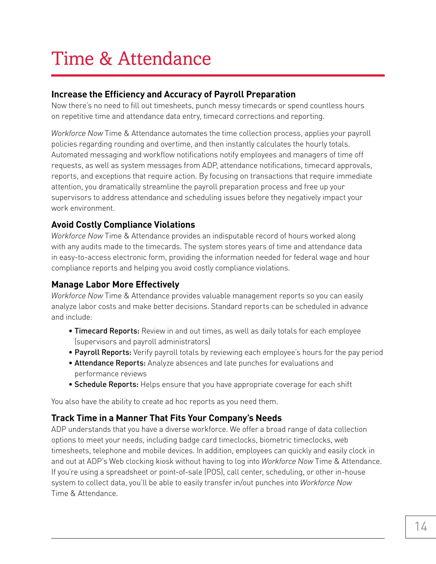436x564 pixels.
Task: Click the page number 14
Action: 421,527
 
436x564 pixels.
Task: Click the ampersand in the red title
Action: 105,59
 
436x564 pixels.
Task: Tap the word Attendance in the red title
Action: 164,59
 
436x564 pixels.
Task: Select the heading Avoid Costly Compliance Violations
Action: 123,225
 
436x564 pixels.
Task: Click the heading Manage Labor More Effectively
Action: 115,285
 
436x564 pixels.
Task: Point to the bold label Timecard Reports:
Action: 107,331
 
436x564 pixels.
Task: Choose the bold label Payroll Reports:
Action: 103,352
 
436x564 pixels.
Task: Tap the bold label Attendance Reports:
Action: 110,363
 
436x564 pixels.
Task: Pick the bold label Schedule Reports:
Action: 106,385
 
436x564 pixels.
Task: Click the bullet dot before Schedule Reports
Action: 70,385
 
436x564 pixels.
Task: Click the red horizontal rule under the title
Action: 218,75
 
